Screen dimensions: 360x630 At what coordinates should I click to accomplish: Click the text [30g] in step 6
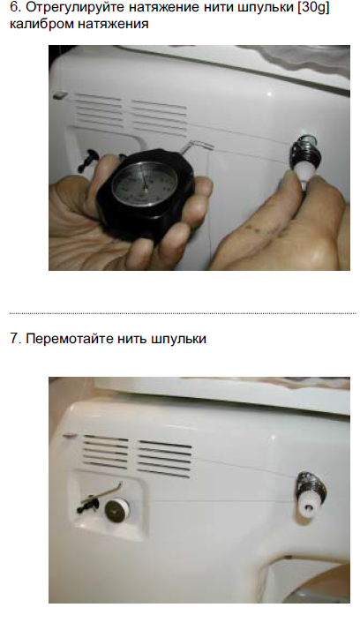(x=313, y=8)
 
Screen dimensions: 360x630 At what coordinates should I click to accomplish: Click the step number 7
(x=15, y=338)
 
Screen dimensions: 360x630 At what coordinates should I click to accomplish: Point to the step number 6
(x=15, y=8)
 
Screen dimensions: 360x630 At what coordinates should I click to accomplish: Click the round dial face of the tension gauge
(x=144, y=184)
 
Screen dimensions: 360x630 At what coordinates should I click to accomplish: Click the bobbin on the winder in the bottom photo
(x=117, y=510)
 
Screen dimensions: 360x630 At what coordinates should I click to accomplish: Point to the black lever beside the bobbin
(x=89, y=504)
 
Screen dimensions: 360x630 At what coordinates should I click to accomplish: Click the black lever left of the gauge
(x=88, y=159)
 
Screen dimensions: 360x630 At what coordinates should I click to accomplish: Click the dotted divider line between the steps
(x=183, y=313)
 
